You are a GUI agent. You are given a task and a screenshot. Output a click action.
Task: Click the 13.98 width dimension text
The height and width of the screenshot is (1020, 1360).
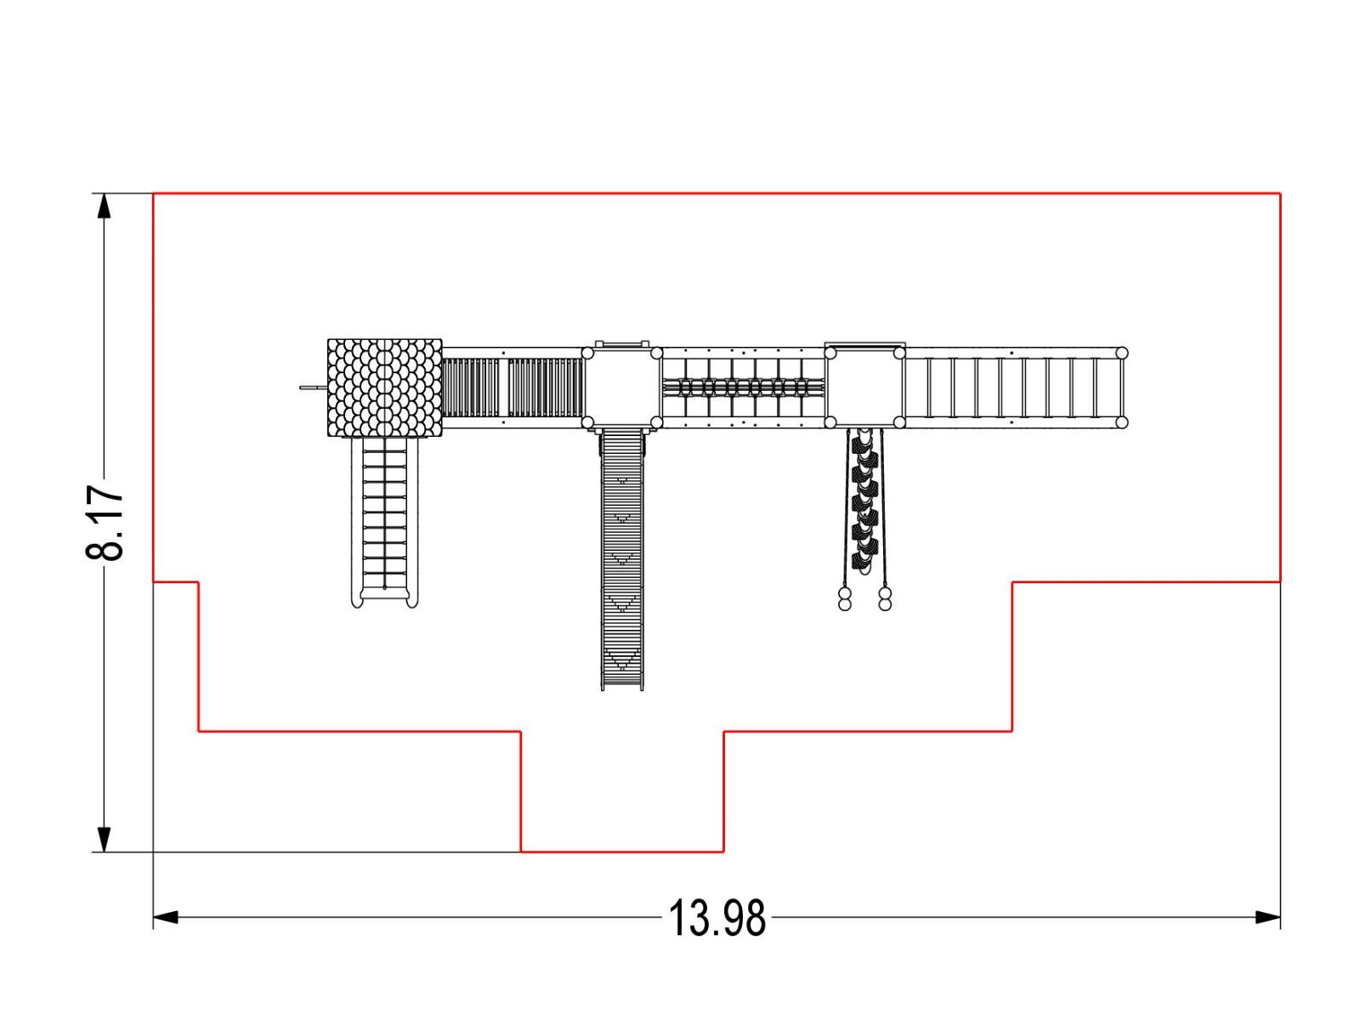click(x=717, y=918)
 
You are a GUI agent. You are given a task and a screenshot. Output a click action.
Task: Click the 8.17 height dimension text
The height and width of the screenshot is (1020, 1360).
click(x=104, y=523)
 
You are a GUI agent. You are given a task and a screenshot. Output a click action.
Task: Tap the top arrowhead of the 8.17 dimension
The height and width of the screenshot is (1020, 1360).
click(x=104, y=206)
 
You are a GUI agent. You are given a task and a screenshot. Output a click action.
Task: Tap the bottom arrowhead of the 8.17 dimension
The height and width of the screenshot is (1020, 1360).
click(x=104, y=839)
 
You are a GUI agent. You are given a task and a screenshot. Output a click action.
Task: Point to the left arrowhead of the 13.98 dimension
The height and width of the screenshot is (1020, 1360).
click(x=166, y=917)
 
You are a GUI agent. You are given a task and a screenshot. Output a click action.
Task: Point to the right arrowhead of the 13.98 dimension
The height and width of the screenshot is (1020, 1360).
click(x=1267, y=917)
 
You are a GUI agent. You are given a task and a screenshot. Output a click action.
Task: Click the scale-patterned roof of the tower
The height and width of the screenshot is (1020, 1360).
click(x=384, y=388)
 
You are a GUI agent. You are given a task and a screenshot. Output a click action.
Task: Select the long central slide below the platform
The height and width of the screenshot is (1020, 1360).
click(x=622, y=559)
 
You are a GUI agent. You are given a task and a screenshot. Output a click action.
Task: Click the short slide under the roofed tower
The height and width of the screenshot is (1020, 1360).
click(x=385, y=522)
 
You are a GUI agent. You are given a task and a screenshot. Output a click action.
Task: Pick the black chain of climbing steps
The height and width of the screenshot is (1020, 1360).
click(x=865, y=501)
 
